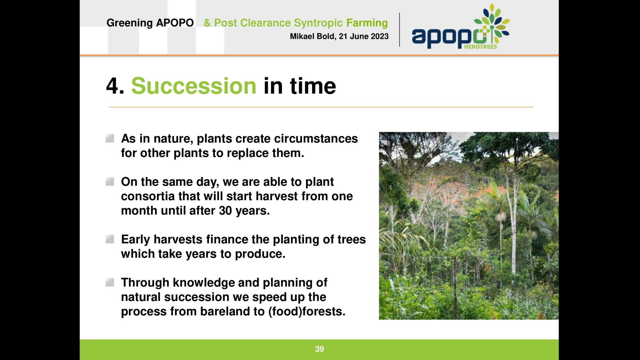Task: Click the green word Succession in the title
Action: [194, 86]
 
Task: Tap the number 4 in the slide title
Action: [112, 86]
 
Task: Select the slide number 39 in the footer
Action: [319, 349]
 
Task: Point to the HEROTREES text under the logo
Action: [480, 47]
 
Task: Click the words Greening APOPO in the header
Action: [150, 23]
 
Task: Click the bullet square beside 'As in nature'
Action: [110, 138]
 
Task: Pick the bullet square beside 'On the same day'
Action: [110, 182]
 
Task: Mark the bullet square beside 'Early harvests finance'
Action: [110, 239]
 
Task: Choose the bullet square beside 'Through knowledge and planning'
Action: [110, 283]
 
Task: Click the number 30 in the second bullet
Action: [225, 211]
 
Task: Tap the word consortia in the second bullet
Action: [148, 196]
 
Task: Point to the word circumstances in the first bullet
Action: [316, 139]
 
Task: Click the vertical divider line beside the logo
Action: [399, 30]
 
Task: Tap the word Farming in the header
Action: [367, 23]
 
